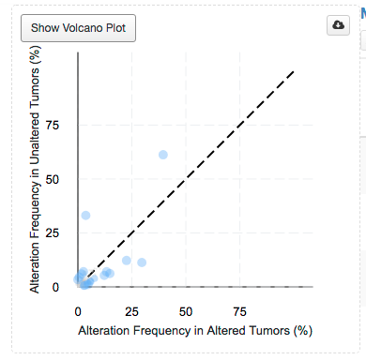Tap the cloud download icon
[338, 25]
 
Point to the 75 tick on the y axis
[64, 125]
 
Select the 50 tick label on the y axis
[64, 178]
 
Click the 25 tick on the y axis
[64, 231]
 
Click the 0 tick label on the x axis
[78, 310]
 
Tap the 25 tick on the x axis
[131, 310]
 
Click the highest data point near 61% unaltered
[163, 154]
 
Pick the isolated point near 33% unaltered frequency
[85, 215]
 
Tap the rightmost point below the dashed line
[142, 262]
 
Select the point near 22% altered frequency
[127, 260]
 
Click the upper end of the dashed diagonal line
[295, 70]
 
